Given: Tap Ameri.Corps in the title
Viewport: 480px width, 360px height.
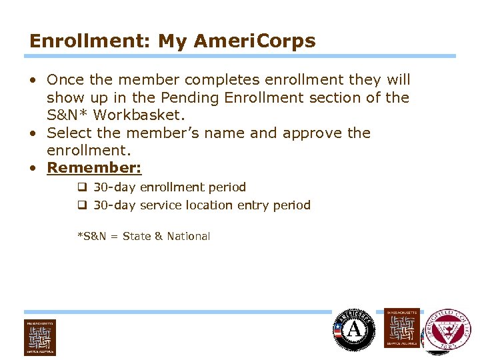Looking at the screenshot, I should pos(255,41).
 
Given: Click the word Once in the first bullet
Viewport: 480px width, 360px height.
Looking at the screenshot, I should pos(65,80).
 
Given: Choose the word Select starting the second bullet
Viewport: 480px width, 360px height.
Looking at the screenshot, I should pos(69,133).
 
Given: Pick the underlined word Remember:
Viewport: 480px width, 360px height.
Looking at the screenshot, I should pos(94,168).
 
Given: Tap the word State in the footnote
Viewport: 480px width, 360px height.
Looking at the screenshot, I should pos(137,237).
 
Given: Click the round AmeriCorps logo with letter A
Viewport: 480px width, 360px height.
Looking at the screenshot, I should pos(354,330).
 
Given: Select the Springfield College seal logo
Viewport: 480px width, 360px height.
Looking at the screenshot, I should pos(447,330).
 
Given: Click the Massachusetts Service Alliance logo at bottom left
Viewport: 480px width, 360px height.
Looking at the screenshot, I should pos(40,337).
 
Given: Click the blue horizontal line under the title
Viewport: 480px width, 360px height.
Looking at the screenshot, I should pos(240,56).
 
